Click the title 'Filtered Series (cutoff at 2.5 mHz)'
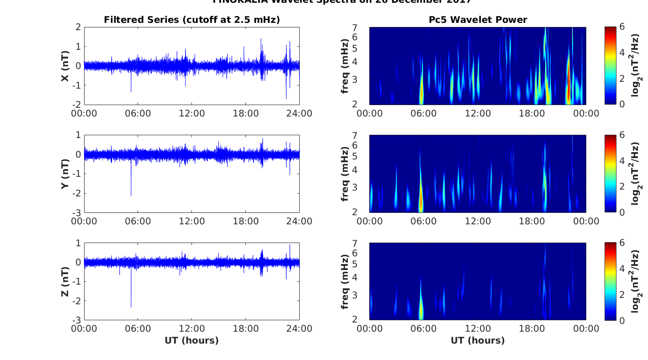(191, 20)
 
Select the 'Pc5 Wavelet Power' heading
(478, 20)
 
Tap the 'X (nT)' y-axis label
(65, 66)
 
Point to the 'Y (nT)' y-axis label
(65, 174)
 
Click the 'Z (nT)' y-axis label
(65, 281)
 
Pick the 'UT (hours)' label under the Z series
(191, 340)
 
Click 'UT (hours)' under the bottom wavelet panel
(478, 340)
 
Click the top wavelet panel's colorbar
(611, 66)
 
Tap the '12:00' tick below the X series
(191, 113)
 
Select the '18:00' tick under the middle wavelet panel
(531, 221)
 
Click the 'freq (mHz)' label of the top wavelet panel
(345, 66)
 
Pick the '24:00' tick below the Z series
(299, 329)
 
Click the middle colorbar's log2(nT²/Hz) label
(635, 174)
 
